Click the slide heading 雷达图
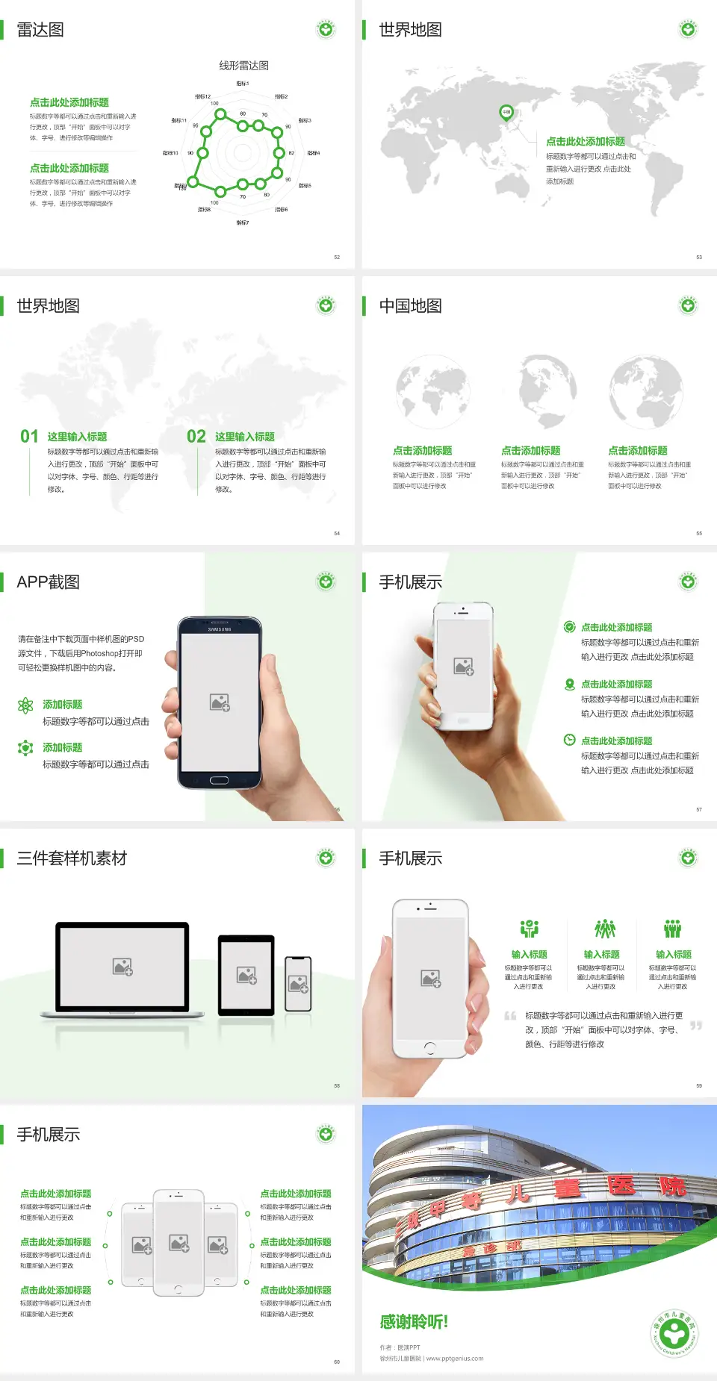[40, 30]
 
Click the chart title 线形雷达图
[243, 66]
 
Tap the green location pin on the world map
[506, 113]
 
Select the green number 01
[29, 437]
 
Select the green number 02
[196, 437]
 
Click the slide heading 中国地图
[410, 306]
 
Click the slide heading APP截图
[48, 582]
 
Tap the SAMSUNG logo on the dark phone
[220, 629]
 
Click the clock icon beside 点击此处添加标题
[569, 740]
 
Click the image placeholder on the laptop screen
[122, 967]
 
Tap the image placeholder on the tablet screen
[246, 975]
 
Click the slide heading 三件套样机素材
[72, 858]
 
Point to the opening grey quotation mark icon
[510, 1016]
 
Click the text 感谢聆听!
[414, 1322]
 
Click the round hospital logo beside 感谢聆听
[674, 1333]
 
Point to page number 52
[337, 257]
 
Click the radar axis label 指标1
[243, 84]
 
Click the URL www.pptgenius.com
[455, 1359]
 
